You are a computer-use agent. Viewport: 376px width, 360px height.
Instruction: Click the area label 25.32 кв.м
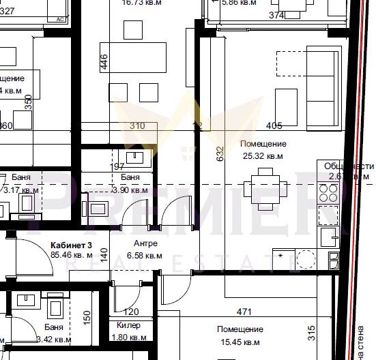pyautogui.click(x=263, y=156)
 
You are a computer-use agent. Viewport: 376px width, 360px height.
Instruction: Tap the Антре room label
pyautogui.click(x=145, y=243)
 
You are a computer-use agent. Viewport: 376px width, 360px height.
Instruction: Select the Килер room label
pyautogui.click(x=128, y=326)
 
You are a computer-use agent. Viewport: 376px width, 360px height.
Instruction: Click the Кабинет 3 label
pyautogui.click(x=71, y=244)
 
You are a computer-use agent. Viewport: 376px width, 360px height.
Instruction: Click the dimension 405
pyautogui.click(x=274, y=125)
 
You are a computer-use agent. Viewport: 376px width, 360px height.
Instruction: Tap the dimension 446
pyautogui.click(x=104, y=61)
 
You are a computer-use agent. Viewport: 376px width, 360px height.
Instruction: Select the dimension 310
pyautogui.click(x=137, y=125)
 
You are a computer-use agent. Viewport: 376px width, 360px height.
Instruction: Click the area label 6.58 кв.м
pyautogui.click(x=145, y=256)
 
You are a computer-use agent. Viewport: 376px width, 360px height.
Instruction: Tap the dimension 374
pyautogui.click(x=257, y=14)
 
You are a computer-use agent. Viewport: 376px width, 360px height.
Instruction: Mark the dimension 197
pyautogui.click(x=118, y=166)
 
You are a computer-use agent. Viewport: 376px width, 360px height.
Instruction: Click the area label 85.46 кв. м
pyautogui.click(x=71, y=255)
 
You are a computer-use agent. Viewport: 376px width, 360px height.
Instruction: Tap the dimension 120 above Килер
pyautogui.click(x=131, y=312)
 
